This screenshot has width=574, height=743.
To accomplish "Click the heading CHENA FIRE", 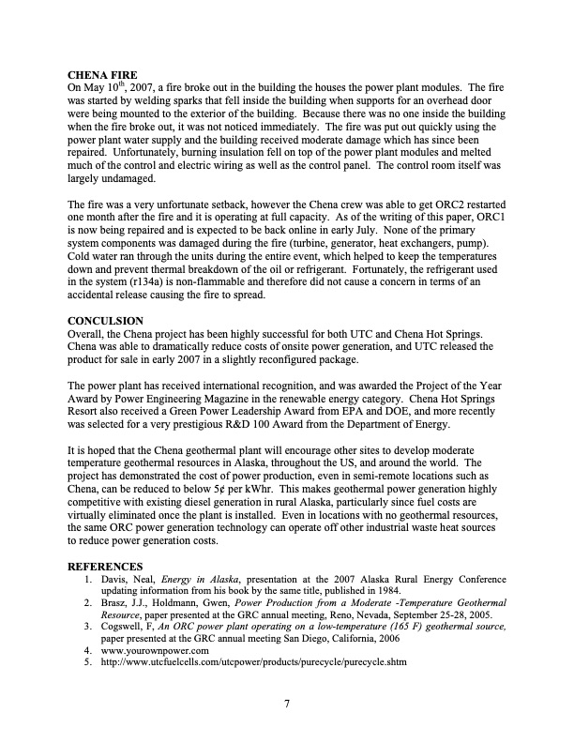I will (104, 74).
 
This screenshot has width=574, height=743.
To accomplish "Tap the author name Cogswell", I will (127, 625).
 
